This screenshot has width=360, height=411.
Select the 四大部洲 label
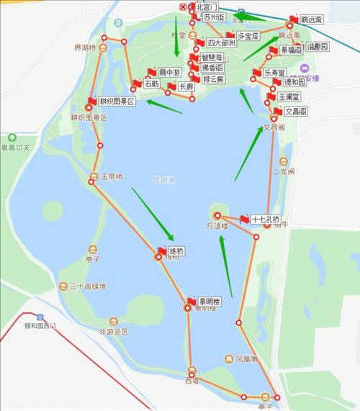(221, 43)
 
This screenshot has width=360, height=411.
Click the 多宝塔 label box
(250, 35)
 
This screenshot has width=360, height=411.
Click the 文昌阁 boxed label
(297, 112)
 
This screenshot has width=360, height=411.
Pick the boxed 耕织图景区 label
(116, 101)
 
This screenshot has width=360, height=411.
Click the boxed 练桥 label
(176, 251)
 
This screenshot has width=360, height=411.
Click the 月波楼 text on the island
(217, 226)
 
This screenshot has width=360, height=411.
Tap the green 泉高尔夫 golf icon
(12, 137)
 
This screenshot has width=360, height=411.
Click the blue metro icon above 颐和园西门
(41, 317)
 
